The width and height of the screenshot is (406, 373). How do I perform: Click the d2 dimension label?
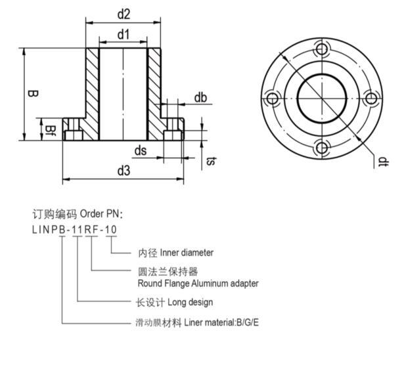coord(123,14)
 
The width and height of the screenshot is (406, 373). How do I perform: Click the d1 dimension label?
coord(123,33)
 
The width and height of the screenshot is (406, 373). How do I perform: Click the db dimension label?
coord(200,98)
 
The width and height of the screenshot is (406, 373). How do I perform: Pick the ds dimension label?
coord(140,150)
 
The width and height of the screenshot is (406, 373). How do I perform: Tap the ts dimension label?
coord(211,160)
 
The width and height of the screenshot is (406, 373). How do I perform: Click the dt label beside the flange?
coord(382,160)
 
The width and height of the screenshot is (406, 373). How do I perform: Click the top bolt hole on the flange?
coord(321,49)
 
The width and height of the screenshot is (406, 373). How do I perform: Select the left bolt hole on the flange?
coord(272,99)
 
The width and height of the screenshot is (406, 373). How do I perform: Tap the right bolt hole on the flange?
coord(371,99)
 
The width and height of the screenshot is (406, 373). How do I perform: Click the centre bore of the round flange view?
coord(321,99)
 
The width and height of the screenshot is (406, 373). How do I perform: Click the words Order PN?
coord(101,214)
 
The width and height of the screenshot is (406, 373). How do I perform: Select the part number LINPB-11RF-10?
coord(75,229)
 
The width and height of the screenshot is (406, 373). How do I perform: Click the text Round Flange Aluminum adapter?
coord(198,284)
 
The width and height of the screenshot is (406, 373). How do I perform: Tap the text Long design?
coord(191,302)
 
